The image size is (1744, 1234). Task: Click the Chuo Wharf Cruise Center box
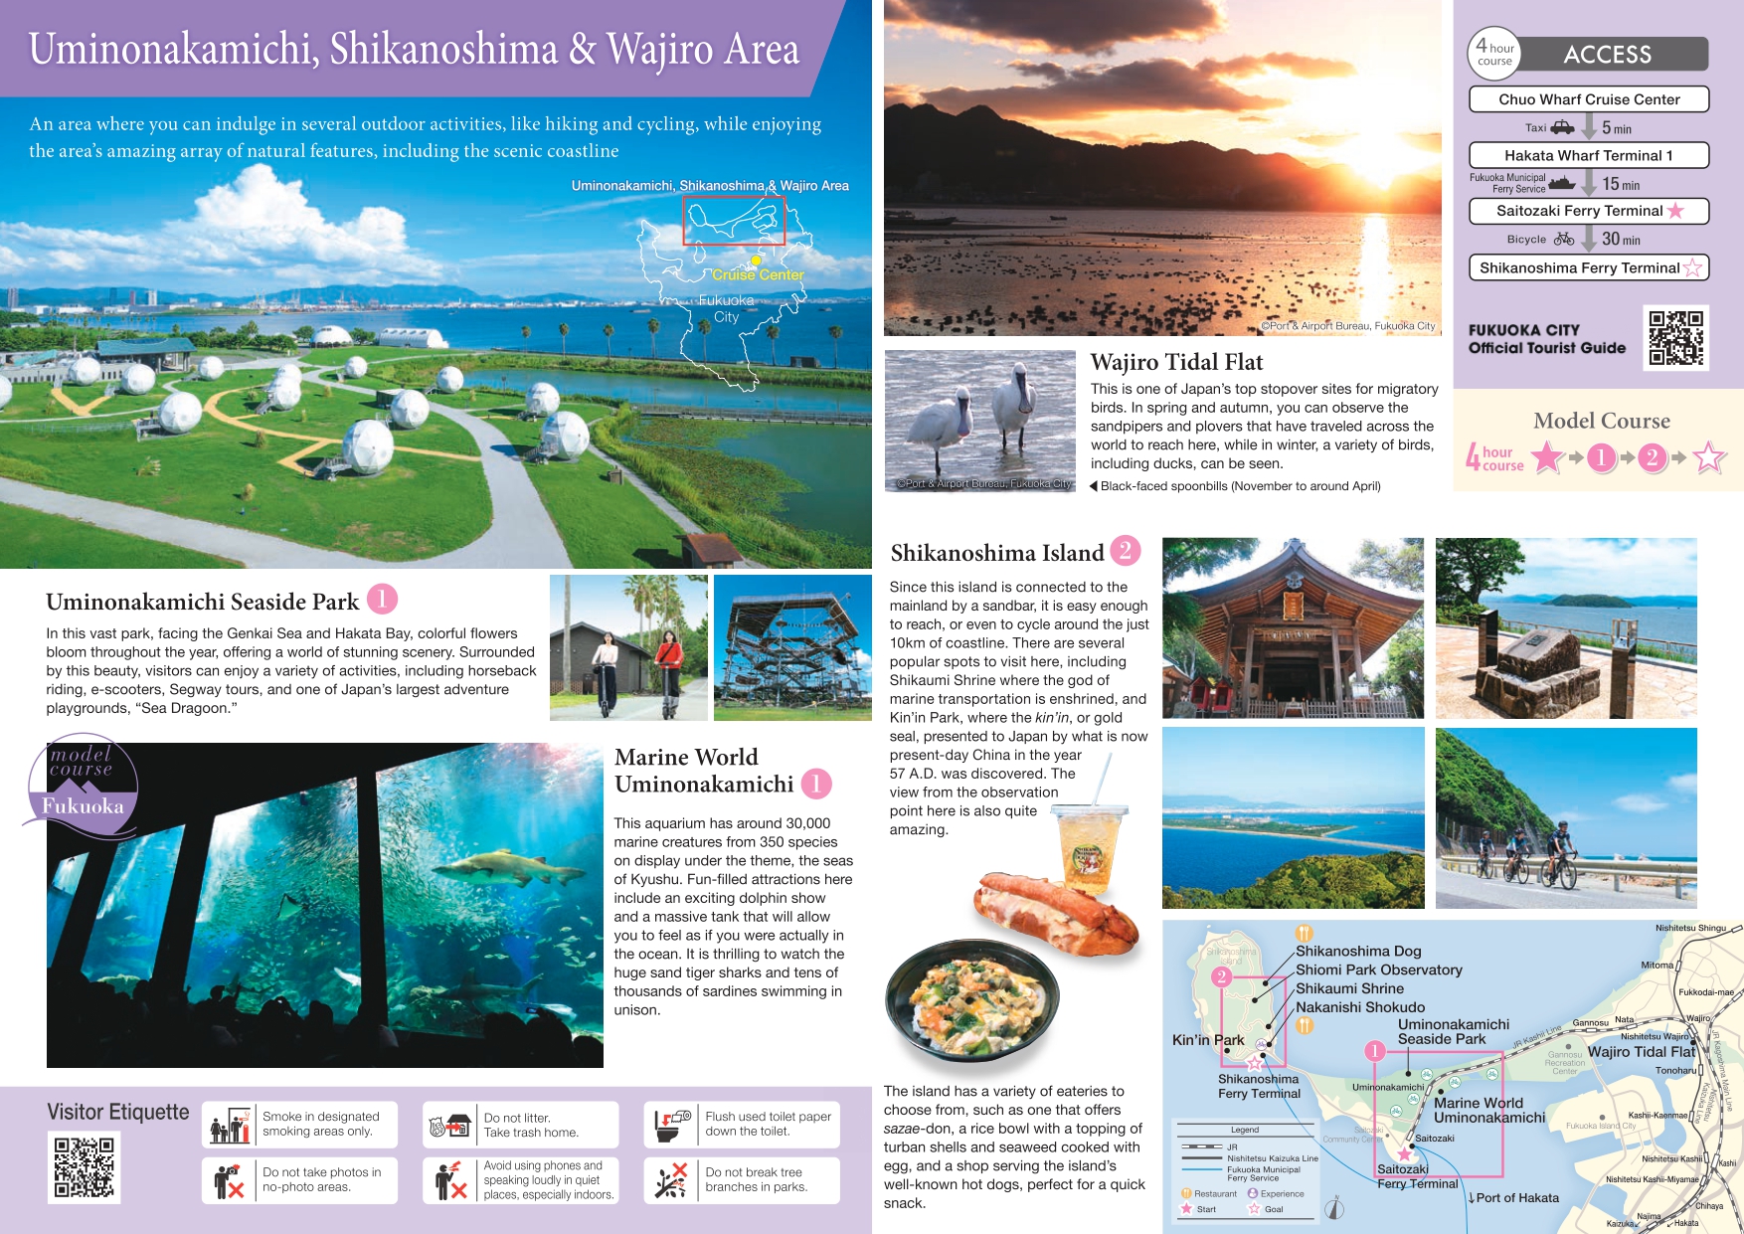[1588, 99]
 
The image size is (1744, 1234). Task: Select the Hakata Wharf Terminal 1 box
[1588, 155]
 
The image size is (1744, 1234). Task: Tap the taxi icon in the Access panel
[1562, 127]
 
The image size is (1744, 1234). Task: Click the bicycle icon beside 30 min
[1563, 239]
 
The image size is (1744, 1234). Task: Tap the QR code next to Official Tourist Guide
[1675, 338]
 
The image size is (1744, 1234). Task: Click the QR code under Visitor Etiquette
[85, 1166]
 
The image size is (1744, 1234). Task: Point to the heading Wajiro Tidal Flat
[1176, 362]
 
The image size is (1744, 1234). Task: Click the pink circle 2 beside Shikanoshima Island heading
[1125, 550]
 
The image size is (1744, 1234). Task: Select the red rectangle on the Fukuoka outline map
[734, 221]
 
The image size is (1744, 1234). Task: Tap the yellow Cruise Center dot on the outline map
[756, 261]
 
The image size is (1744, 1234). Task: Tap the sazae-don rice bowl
[972, 999]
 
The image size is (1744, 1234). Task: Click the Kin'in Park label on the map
[1208, 1040]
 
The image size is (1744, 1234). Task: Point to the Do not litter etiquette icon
[449, 1125]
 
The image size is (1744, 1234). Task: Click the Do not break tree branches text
[756, 1179]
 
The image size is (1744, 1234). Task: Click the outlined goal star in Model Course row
[1709, 457]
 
